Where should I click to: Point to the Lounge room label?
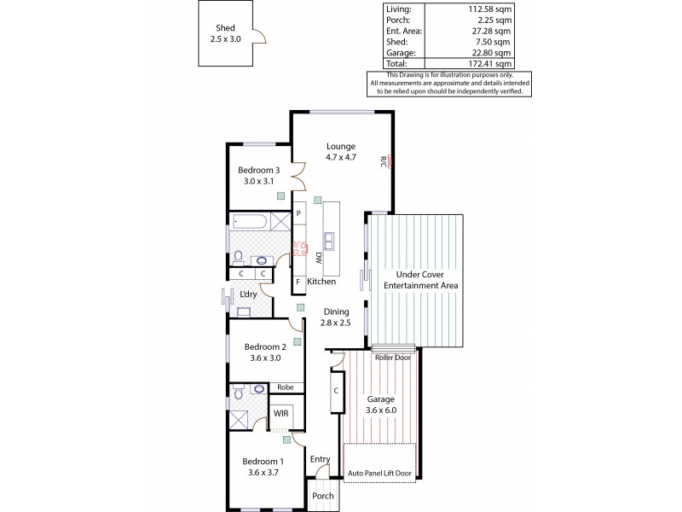(340, 152)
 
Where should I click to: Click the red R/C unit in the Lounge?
(389, 161)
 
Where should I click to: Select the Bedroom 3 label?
(259, 174)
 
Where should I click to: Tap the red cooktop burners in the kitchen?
(300, 249)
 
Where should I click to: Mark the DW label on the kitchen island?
(319, 257)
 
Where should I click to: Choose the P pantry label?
(298, 214)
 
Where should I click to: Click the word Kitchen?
(321, 282)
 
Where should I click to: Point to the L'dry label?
(248, 294)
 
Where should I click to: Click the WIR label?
(280, 415)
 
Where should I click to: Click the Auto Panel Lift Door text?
(381, 472)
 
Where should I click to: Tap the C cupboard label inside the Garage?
(337, 390)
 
